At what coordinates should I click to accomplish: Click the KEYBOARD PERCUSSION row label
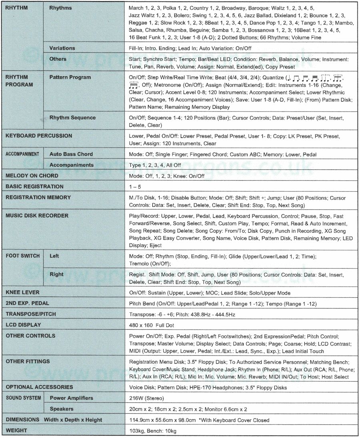[x=39, y=136]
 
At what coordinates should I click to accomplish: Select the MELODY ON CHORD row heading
[x=32, y=175]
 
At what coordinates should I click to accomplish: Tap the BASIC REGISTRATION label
[x=34, y=186]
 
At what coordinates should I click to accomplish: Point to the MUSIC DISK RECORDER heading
[x=37, y=215]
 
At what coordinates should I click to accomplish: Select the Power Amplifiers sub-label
[x=71, y=398]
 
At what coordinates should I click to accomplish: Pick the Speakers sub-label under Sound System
[x=62, y=409]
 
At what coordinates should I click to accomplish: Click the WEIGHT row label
[x=17, y=430]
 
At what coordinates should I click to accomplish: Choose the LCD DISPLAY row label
[x=23, y=325]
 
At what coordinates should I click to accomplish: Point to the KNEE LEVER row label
[x=22, y=292]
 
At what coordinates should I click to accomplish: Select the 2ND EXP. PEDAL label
[x=27, y=303]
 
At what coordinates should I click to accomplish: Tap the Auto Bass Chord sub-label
[x=71, y=154]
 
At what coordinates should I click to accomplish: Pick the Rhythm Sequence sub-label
[x=72, y=117]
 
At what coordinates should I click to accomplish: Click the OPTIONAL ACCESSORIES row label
[x=39, y=387]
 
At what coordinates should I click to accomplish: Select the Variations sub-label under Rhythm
[x=62, y=48]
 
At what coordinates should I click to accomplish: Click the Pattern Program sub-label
[x=70, y=77]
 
